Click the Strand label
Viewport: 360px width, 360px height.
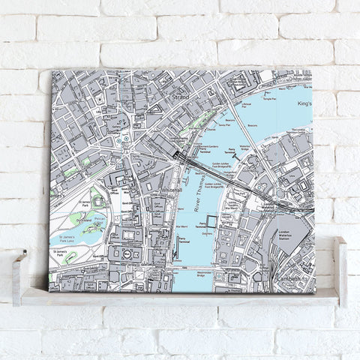click(178, 96)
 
